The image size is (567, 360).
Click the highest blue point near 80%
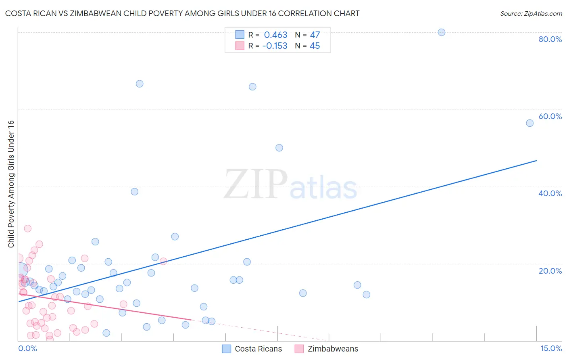tap(441, 32)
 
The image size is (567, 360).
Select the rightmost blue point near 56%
tap(529, 123)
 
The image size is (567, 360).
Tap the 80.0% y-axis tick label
tap(550, 39)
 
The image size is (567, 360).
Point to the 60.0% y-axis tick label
tap(550, 116)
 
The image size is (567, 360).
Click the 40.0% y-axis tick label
tap(550, 193)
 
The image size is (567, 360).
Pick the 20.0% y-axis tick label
tap(550, 271)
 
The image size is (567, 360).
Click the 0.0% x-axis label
tap(27, 348)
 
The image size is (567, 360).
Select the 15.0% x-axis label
tap(551, 348)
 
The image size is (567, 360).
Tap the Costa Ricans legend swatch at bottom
tap(227, 349)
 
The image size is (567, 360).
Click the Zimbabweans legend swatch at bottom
tap(299, 349)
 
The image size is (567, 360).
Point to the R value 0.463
tap(275, 35)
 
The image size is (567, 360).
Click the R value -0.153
tap(275, 46)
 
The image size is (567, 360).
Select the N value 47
tap(315, 35)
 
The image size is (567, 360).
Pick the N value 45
tap(315, 46)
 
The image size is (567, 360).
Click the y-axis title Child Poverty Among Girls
tap(11, 184)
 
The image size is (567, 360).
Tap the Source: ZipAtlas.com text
tap(531, 14)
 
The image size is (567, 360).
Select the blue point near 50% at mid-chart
tap(279, 148)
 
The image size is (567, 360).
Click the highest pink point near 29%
tap(27, 228)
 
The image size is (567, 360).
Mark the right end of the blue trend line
tap(536, 161)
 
